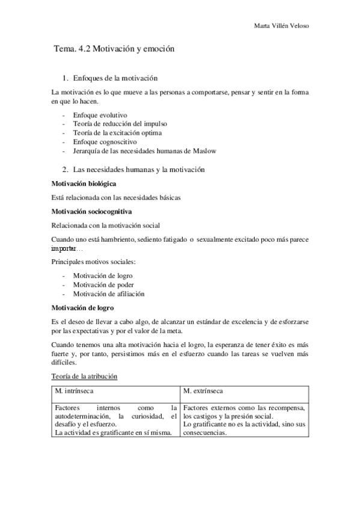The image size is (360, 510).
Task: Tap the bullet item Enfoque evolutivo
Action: (100, 114)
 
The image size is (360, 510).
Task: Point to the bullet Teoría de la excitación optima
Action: (117, 132)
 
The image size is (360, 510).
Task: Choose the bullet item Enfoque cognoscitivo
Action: (105, 141)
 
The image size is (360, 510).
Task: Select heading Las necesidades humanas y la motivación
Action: (139, 170)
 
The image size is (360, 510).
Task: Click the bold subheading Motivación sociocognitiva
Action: (92, 212)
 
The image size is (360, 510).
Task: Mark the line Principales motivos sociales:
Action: (93, 262)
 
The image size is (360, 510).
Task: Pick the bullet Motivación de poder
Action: (103, 284)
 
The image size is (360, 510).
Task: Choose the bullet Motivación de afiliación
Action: (109, 293)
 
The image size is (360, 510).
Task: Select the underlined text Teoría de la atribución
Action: (85, 376)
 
